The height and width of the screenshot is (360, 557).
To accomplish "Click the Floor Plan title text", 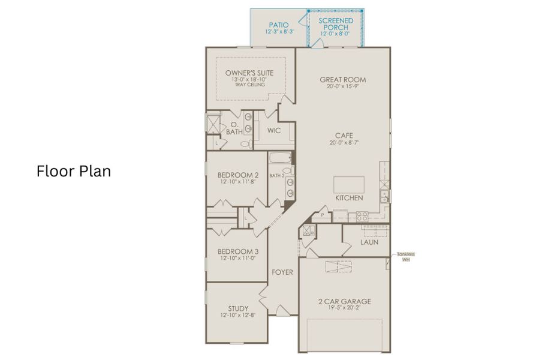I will (x=74, y=172).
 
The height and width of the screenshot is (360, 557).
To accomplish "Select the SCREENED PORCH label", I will (x=336, y=24).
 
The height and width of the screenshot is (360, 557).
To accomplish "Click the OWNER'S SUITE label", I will (x=249, y=73).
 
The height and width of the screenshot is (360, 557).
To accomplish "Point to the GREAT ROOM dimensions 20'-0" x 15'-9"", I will (x=342, y=86).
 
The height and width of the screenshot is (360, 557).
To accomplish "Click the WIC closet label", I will (x=274, y=130).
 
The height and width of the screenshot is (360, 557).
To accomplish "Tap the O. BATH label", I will (x=234, y=128).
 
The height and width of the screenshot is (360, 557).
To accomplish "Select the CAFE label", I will (x=342, y=136).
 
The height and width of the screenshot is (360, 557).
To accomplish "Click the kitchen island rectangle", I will (x=348, y=184).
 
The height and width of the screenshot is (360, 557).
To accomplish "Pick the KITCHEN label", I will (x=348, y=198).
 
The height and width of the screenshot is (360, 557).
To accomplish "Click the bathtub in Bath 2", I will (x=280, y=159).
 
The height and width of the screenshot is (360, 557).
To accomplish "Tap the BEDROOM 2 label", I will (x=238, y=175).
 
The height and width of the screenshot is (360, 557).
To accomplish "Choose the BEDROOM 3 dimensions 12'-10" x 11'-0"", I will (x=238, y=258).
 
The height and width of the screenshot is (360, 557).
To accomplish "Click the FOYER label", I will (x=282, y=272).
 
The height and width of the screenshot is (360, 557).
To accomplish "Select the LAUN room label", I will (x=369, y=243).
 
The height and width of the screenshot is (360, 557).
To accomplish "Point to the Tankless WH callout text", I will (x=405, y=257).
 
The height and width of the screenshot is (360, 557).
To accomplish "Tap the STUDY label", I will (x=238, y=308).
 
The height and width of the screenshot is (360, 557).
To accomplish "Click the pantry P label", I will (x=322, y=215).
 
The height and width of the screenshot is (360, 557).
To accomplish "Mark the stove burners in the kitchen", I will (x=362, y=217).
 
